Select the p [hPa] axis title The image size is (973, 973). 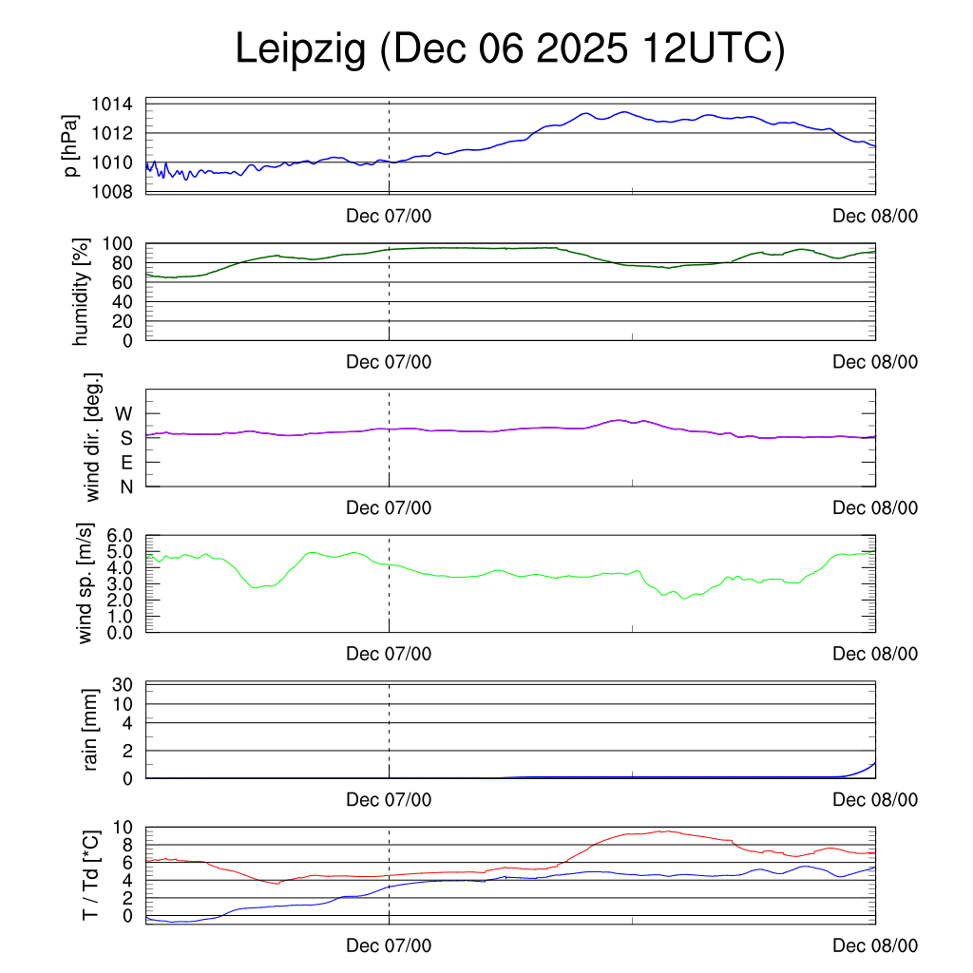70,148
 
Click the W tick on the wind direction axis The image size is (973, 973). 124,413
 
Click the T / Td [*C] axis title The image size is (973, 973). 91,874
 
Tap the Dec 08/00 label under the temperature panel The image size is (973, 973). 875,945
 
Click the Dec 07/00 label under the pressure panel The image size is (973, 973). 389,217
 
